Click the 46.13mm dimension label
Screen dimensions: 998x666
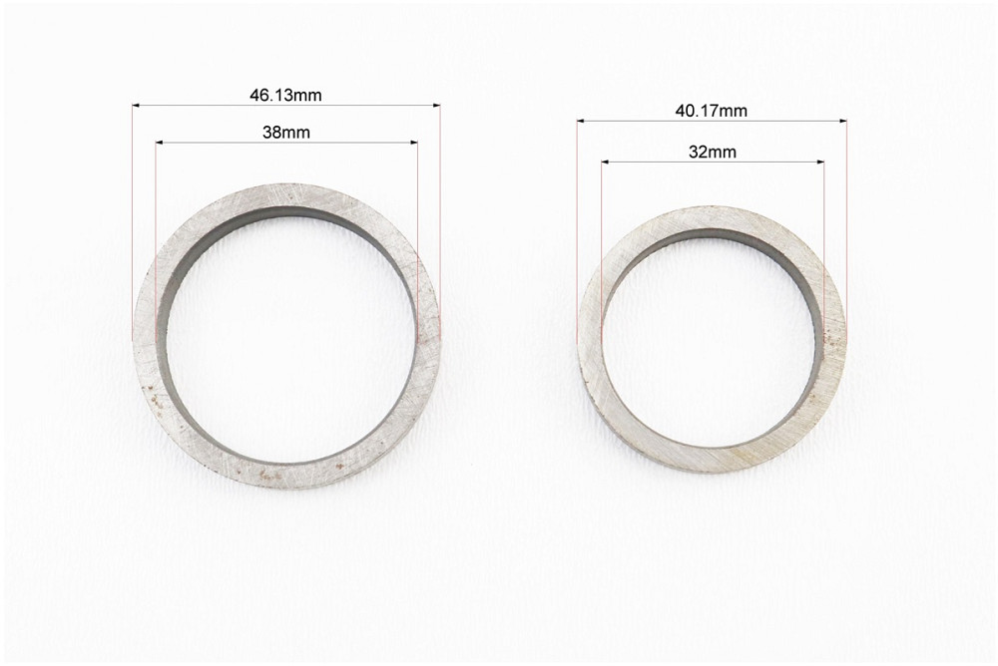click(285, 96)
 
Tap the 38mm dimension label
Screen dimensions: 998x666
click(286, 133)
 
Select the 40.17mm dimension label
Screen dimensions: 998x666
click(712, 111)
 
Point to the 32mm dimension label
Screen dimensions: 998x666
click(713, 152)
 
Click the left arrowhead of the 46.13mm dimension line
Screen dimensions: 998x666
click(136, 105)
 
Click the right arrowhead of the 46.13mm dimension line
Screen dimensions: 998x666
click(437, 105)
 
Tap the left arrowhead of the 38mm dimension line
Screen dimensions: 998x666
click(159, 143)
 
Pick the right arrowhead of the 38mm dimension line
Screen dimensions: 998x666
click(414, 143)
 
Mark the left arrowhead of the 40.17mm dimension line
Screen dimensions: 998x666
click(581, 121)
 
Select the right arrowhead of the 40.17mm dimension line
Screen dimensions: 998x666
click(843, 121)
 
